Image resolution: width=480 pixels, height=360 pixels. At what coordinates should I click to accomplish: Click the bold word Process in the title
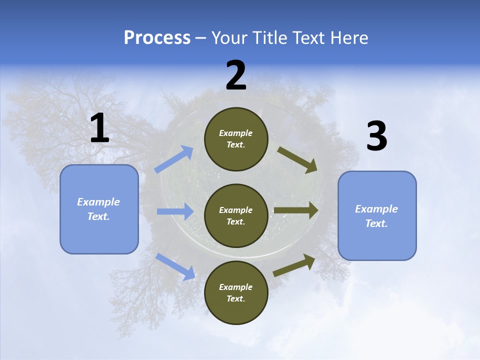[x=157, y=38]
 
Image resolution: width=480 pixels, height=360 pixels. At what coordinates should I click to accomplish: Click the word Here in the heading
[x=348, y=38]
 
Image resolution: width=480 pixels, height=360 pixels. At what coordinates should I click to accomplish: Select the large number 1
[x=99, y=128]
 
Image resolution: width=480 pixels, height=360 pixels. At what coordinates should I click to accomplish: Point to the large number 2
[x=236, y=76]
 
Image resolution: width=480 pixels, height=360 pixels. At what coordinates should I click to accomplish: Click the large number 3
[x=376, y=137]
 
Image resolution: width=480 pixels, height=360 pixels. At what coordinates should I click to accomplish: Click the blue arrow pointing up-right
[x=174, y=159]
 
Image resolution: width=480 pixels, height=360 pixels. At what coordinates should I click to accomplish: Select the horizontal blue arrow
[x=174, y=211]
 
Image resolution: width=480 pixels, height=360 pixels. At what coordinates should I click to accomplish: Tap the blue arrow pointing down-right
[x=175, y=266]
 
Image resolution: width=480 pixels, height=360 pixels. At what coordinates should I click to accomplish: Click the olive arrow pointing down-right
[x=297, y=160]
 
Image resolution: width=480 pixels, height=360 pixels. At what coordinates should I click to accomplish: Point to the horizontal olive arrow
[x=295, y=210]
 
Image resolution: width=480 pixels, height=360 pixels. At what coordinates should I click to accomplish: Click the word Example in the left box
[x=98, y=202]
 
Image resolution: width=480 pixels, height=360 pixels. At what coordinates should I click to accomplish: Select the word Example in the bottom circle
[x=235, y=287]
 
